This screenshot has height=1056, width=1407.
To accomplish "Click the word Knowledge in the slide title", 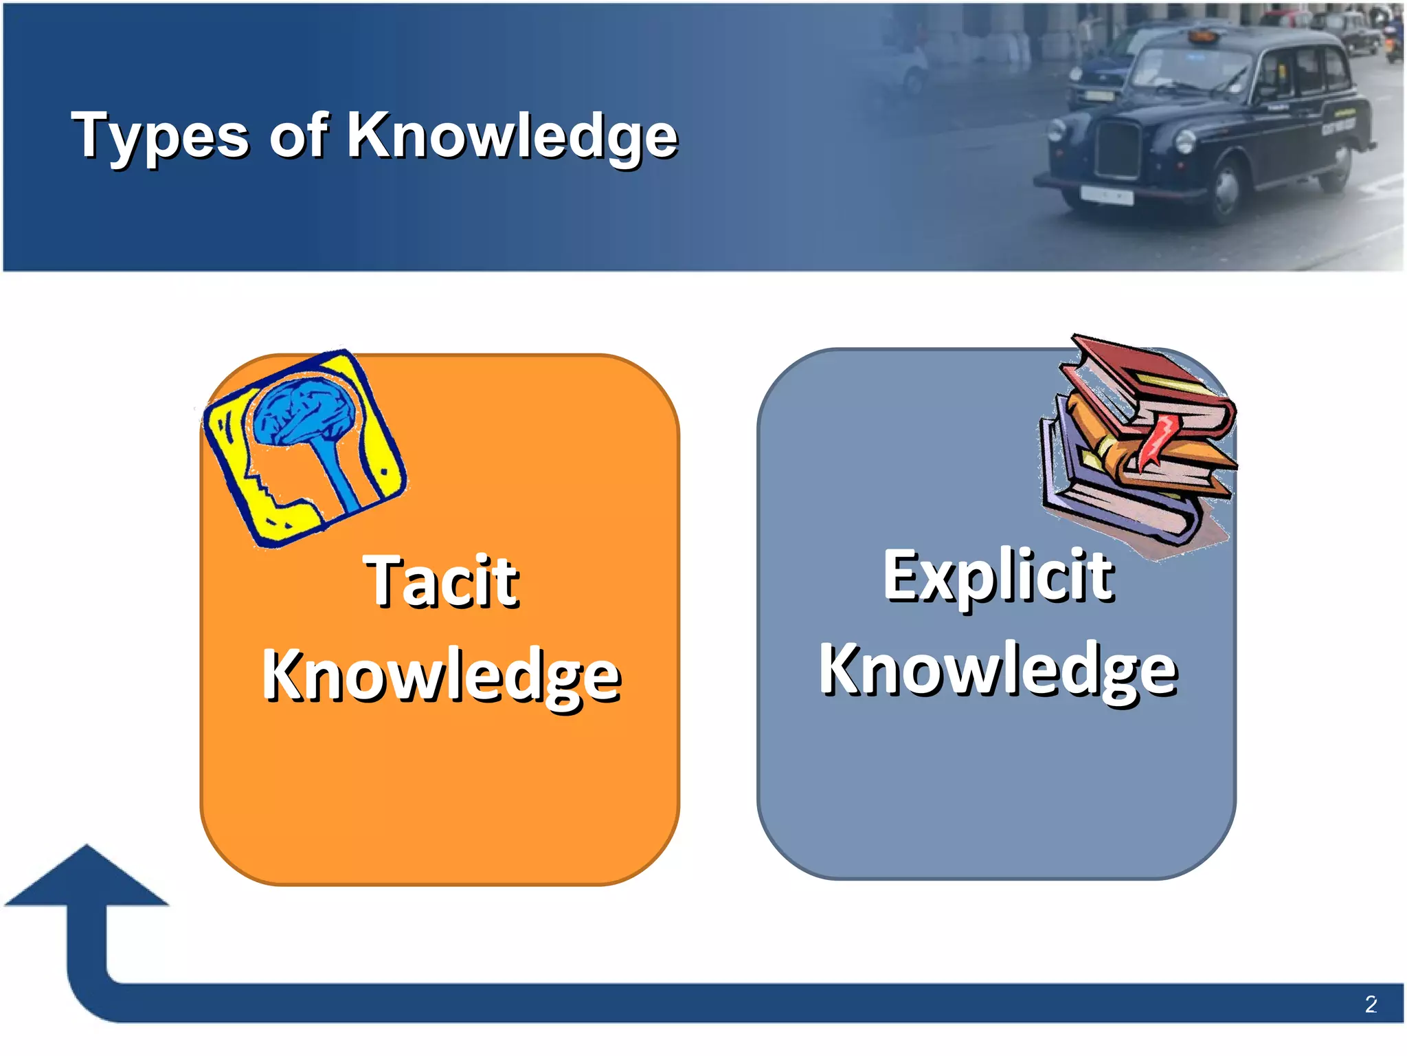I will [512, 135].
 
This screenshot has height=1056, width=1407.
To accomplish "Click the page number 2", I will [1371, 1004].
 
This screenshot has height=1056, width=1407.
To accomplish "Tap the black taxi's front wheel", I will [1225, 192].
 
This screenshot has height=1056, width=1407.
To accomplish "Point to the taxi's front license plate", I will [1105, 195].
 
